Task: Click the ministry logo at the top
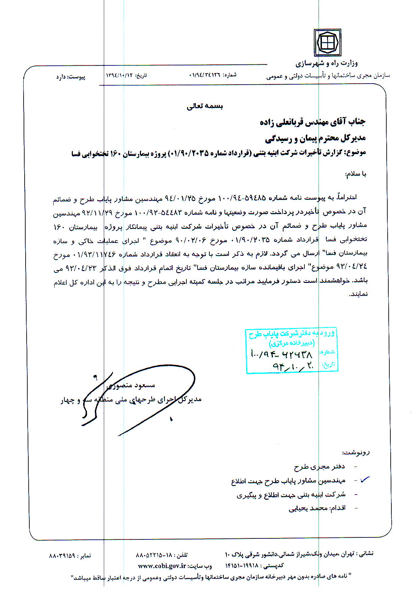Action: click(x=327, y=42)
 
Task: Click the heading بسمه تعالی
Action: click(x=205, y=106)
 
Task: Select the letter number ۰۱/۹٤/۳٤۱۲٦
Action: click(x=204, y=75)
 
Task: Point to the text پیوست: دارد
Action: click(x=71, y=77)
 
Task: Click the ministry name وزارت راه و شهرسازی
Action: click(x=326, y=63)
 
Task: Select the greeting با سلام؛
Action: click(x=356, y=174)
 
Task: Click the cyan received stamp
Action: click(x=291, y=350)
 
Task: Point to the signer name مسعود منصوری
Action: click(x=131, y=385)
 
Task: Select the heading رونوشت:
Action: click(x=356, y=452)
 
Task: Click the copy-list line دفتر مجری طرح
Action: click(x=320, y=467)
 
